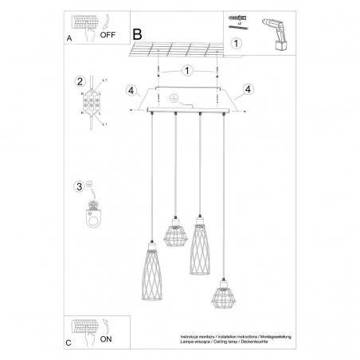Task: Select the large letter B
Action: [137, 34]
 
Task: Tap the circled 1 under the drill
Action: [236, 44]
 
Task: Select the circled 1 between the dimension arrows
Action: [186, 71]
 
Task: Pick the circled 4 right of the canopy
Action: [248, 88]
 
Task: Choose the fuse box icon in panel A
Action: [87, 22]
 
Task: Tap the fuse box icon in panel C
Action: [87, 328]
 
